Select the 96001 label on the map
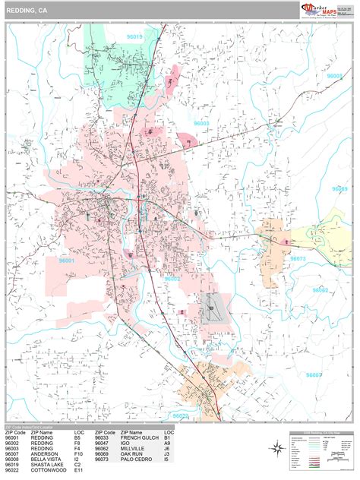68,261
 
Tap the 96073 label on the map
298,258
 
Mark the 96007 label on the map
314,375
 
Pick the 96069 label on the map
339,188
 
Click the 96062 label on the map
321,290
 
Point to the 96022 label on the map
180,415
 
